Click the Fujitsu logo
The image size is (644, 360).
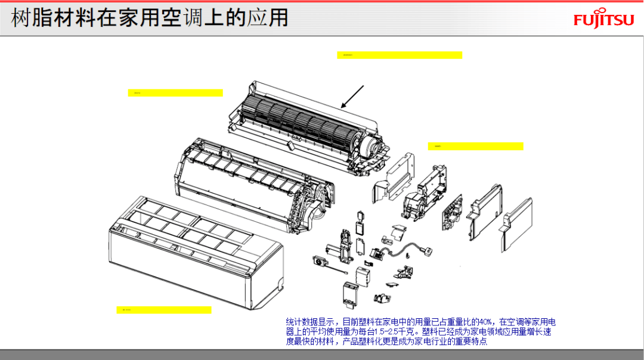(603, 20)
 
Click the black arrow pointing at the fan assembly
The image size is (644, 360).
(352, 97)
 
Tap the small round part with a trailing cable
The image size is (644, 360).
(321, 260)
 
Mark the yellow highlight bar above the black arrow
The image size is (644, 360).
(400, 55)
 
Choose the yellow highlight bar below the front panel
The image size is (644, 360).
(164, 310)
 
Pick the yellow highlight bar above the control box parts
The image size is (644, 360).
(475, 146)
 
